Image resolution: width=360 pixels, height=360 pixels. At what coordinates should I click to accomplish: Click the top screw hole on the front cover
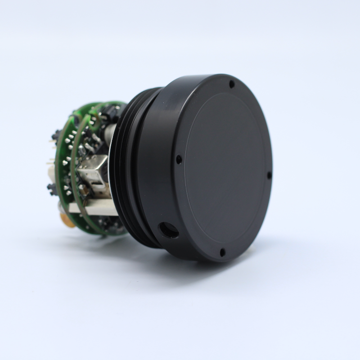(232, 84)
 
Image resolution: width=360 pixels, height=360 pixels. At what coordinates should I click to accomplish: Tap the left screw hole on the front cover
(179, 159)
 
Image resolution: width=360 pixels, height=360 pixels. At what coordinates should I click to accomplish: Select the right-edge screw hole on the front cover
(269, 175)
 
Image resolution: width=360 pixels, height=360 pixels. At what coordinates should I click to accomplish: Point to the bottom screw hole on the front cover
(222, 253)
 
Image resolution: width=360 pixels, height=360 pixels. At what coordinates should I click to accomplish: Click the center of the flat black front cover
(225, 169)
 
